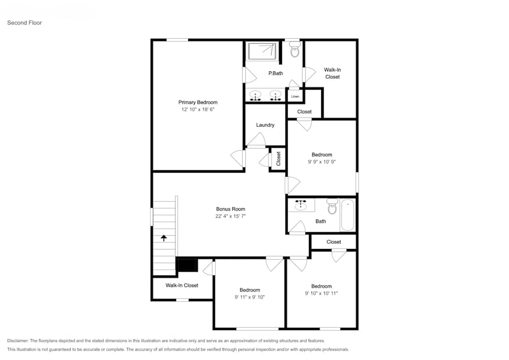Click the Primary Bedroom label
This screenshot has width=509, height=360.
[x=197, y=102]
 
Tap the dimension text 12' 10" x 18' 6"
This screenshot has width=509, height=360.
[x=197, y=109]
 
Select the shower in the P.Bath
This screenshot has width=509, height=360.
[x=262, y=51]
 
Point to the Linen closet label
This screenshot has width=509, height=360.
[x=295, y=96]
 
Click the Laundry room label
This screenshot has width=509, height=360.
[x=265, y=125]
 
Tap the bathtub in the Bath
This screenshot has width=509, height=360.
[x=348, y=215]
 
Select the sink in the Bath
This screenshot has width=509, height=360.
[x=301, y=205]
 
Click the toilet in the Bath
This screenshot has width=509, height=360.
[x=332, y=207]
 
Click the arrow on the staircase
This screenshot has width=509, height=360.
[x=164, y=237]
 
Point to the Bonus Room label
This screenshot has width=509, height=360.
[x=231, y=209]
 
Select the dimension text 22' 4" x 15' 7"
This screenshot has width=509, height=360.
[x=231, y=216]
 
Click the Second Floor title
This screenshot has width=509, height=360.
[x=24, y=23]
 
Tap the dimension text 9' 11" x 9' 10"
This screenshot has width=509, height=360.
[x=249, y=297]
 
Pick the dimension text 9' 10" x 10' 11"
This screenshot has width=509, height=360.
[x=321, y=293]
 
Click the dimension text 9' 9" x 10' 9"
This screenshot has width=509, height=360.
[x=322, y=161]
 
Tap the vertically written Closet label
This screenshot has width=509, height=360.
[x=278, y=159]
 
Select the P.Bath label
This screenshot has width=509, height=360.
[x=275, y=73]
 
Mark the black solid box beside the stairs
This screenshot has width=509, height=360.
[x=187, y=265]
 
